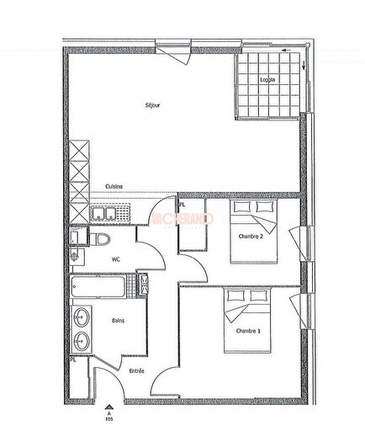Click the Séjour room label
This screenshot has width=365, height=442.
click(x=152, y=105)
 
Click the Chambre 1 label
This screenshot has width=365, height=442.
click(x=248, y=331)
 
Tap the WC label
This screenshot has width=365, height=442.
click(x=117, y=259)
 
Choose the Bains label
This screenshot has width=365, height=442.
click(x=118, y=320)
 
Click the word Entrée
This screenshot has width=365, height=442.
click(x=136, y=371)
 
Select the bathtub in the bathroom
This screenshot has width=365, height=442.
click(x=100, y=286)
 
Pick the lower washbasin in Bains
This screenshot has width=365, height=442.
click(x=82, y=342)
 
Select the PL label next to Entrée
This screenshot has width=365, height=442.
click(x=74, y=361)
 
